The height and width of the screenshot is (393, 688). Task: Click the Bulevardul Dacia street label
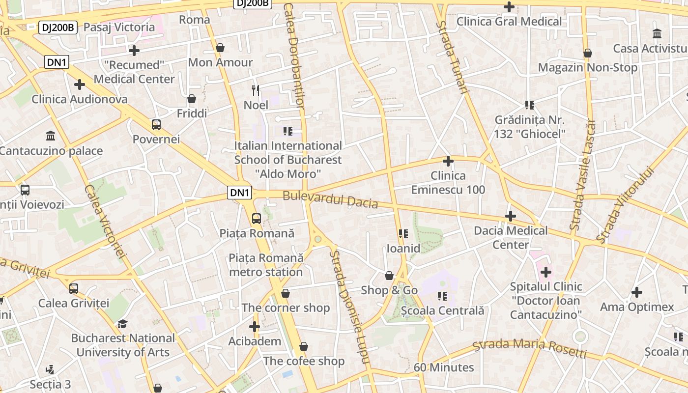pos(330,199)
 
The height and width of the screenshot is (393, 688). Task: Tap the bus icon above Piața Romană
pos(256,219)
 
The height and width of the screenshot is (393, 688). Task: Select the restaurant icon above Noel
pos(256,90)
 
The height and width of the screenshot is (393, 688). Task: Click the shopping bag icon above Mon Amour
pos(220,48)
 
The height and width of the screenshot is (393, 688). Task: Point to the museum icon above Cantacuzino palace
pos(50,136)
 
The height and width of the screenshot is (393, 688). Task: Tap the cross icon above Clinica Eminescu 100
pos(448,161)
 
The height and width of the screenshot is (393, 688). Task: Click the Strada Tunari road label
pos(452,56)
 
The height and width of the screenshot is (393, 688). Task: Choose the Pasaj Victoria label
pos(119,27)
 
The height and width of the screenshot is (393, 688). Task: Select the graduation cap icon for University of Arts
pos(122,324)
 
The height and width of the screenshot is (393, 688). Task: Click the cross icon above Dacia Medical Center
pos(511,216)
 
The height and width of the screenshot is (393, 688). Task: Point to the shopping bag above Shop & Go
pos(389,276)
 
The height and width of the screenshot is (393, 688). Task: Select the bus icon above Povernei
pos(156,125)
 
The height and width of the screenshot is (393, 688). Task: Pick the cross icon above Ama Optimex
pos(636,292)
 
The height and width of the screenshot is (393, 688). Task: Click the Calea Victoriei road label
pos(106,221)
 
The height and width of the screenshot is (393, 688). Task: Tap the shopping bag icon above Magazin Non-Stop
pos(587,53)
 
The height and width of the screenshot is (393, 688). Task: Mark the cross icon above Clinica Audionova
pos(80,84)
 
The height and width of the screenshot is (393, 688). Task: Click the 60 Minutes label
pos(443,367)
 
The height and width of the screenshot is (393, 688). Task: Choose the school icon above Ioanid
pos(403,234)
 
